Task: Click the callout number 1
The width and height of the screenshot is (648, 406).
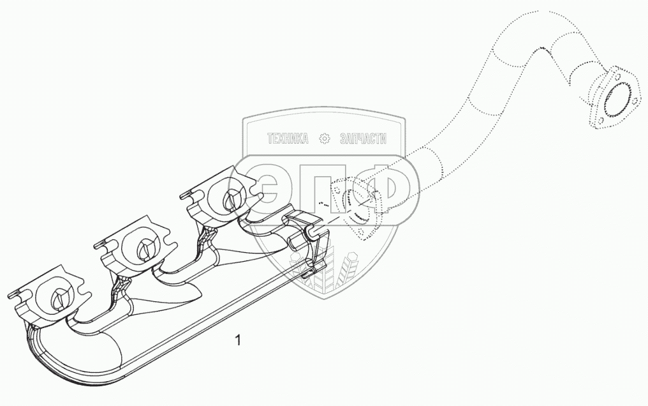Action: click(238, 340)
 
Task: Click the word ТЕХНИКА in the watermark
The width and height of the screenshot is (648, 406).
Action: click(287, 139)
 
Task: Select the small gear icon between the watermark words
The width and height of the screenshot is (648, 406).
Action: click(325, 139)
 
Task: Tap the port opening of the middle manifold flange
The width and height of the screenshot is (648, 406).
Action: click(142, 246)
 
